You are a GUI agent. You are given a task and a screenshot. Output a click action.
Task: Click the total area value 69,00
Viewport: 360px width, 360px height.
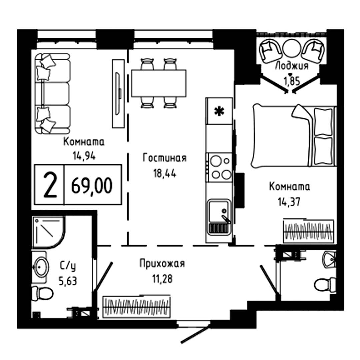pos(92,186)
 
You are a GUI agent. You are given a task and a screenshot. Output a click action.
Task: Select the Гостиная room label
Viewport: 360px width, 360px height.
pos(164,158)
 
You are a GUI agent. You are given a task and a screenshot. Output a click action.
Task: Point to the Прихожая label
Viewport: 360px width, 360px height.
pos(162,264)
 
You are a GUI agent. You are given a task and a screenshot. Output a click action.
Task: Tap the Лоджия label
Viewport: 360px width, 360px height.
pos(291,66)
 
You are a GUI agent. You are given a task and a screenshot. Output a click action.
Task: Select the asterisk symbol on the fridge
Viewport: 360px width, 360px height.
pos(219,112)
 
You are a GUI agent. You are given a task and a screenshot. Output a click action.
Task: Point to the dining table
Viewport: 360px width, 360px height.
pos(159,83)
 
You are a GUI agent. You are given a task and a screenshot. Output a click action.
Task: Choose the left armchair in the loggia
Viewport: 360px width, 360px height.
pos(271,50)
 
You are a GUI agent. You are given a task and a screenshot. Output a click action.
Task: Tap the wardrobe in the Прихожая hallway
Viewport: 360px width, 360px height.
pos(137,306)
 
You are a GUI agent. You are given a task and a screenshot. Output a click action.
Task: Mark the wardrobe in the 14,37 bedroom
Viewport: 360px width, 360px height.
pos(308,230)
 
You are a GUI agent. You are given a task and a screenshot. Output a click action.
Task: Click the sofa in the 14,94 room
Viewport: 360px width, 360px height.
pos(52,94)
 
